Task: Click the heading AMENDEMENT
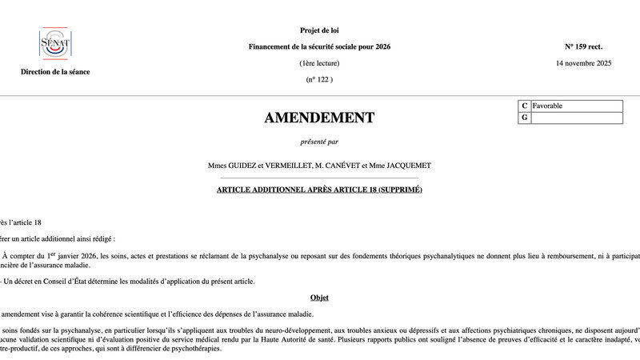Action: pyautogui.click(x=319, y=118)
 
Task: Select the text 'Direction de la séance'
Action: pyautogui.click(x=55, y=71)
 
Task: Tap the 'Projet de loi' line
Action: pyautogui.click(x=319, y=30)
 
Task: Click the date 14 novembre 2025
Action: pyautogui.click(x=583, y=62)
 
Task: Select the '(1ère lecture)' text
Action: pyautogui.click(x=319, y=63)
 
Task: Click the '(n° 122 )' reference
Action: pyautogui.click(x=319, y=79)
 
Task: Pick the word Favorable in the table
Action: pyautogui.click(x=547, y=106)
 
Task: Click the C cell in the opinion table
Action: pyautogui.click(x=525, y=106)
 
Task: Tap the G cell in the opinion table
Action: pyautogui.click(x=525, y=118)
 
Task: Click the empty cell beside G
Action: pyautogui.click(x=576, y=118)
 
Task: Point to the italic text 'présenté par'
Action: pyautogui.click(x=319, y=142)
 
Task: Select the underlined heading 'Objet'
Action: pyautogui.click(x=319, y=298)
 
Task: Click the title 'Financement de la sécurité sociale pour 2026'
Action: pyautogui.click(x=319, y=46)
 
